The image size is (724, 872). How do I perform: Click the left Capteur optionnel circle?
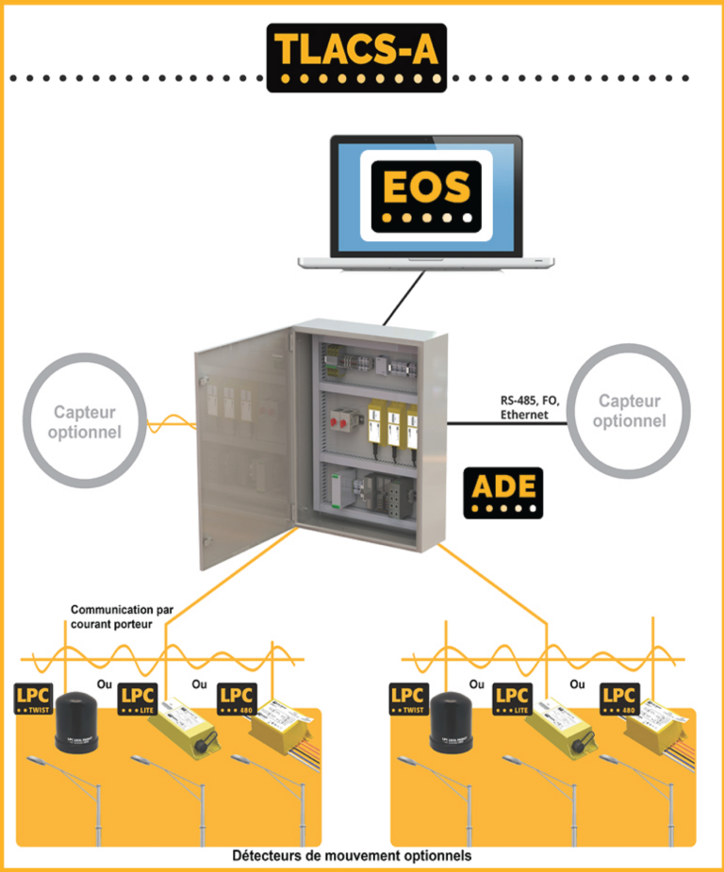click(x=86, y=421)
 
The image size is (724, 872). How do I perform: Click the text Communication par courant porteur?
click(x=122, y=617)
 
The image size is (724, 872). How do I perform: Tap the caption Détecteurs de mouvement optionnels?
click(x=352, y=856)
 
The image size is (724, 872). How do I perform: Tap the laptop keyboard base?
click(x=425, y=261)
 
